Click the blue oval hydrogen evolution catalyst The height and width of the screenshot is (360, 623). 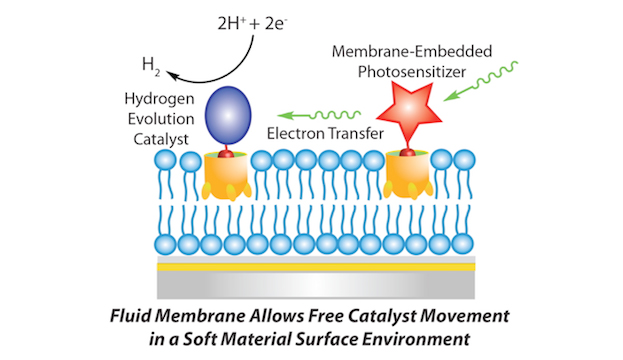(x=228, y=115)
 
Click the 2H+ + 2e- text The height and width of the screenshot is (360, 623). (x=252, y=24)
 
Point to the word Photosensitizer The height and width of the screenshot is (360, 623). (x=412, y=72)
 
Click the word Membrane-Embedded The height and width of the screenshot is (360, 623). (x=412, y=51)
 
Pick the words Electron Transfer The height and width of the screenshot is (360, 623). (x=325, y=134)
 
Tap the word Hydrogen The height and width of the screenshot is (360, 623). (x=159, y=99)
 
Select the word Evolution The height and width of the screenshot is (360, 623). (x=161, y=119)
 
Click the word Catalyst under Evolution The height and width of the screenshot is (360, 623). (x=161, y=139)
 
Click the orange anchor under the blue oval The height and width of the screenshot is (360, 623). (x=226, y=176)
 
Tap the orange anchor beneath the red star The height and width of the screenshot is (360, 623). (x=408, y=175)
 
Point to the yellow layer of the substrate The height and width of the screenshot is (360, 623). (x=316, y=267)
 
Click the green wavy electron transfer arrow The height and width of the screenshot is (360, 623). (x=319, y=115)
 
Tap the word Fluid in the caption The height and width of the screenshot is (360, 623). (x=130, y=316)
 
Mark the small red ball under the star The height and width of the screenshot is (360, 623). (x=407, y=153)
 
